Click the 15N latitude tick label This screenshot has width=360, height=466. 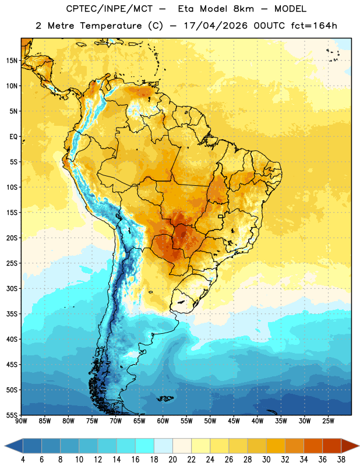[12, 61]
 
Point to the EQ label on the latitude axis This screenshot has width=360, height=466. [13, 137]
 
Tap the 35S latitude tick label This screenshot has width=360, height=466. [12, 314]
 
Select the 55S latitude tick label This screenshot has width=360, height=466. [12, 415]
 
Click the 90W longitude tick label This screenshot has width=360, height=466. [21, 421]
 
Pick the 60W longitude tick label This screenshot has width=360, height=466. [163, 421]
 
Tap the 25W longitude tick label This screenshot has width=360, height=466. [328, 421]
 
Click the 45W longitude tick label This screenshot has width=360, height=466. [234, 421]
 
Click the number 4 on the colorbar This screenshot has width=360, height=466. [23, 460]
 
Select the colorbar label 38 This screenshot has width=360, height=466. [341, 460]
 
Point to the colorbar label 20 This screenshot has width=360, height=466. [172, 460]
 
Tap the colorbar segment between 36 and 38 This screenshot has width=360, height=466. [332, 446]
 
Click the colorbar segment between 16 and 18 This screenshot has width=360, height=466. [145, 446]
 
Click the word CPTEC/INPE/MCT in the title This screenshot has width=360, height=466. [110, 9]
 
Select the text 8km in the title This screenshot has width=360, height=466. [243, 9]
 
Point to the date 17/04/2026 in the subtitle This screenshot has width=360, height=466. [216, 26]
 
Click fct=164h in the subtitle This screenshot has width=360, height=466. [314, 26]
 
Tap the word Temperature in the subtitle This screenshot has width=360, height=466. [111, 26]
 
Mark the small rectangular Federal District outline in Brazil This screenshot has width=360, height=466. [221, 216]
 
